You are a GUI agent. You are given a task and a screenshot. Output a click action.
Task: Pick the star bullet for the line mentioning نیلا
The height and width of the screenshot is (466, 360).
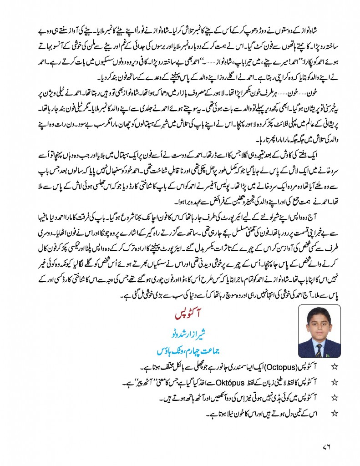tap(336, 401)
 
